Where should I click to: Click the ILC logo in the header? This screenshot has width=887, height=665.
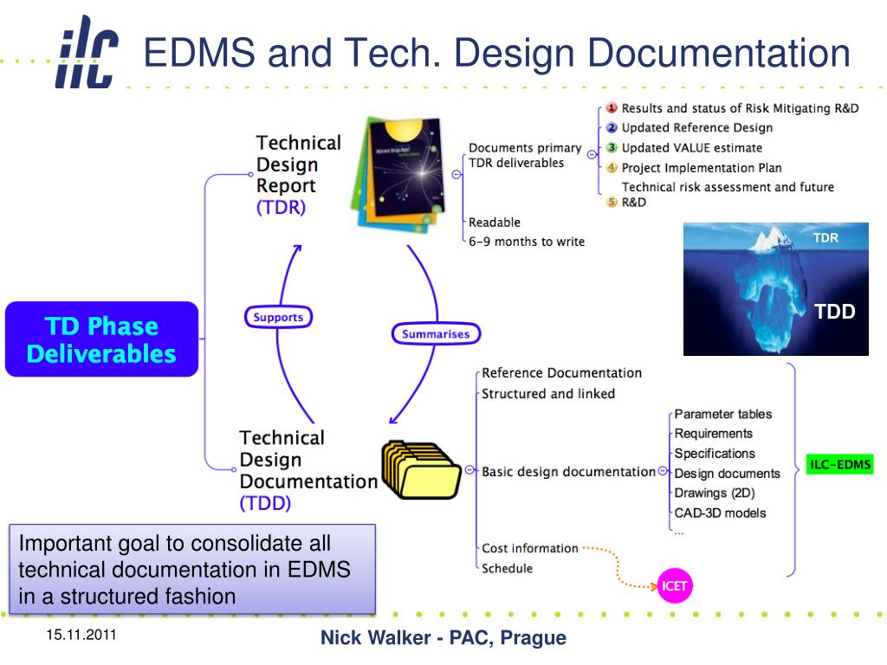[x=87, y=53]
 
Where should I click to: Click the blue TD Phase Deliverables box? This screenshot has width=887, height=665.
[x=101, y=339]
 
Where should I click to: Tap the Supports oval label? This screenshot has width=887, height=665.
[x=278, y=317]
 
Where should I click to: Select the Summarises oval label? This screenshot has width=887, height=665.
[x=436, y=333]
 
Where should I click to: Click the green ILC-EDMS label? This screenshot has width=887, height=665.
[x=839, y=465]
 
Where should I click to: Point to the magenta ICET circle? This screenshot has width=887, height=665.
[x=674, y=586]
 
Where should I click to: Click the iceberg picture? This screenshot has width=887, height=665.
[x=775, y=288]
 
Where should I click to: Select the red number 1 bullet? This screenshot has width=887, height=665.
[x=611, y=108]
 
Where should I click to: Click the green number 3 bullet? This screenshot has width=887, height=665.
[x=611, y=147]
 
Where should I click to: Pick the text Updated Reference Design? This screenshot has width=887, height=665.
[x=696, y=128]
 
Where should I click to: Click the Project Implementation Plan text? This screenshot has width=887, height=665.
[x=701, y=168]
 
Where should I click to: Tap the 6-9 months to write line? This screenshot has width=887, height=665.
[x=527, y=242]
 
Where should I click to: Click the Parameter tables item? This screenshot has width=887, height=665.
[x=722, y=414]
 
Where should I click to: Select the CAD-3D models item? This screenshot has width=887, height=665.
[x=720, y=513]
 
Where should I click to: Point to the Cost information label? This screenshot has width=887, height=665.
[x=529, y=548]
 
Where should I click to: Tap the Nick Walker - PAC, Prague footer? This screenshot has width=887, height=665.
[x=443, y=638]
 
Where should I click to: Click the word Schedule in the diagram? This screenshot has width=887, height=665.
[x=507, y=568]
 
